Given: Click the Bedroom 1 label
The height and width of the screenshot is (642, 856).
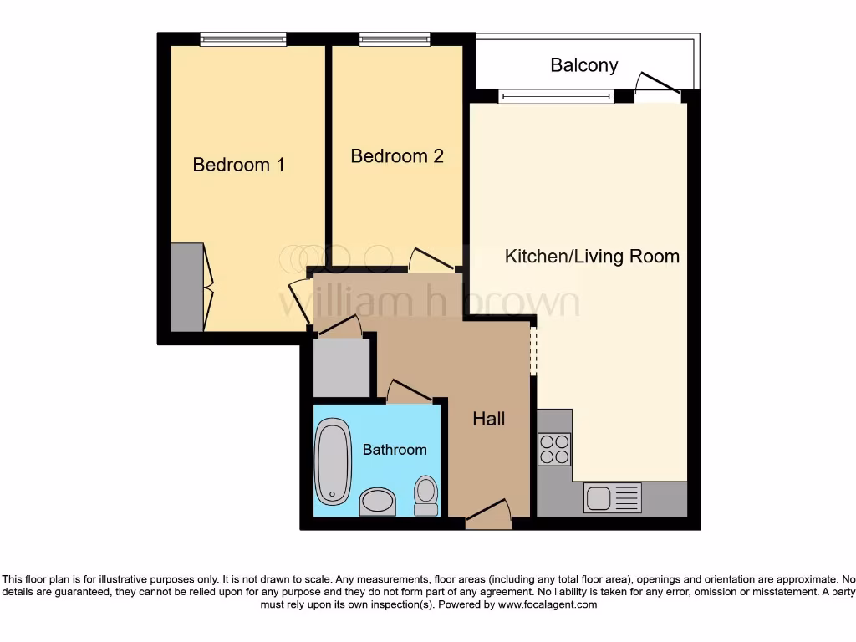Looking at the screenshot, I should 238,165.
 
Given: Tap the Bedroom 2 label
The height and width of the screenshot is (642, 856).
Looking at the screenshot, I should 396,156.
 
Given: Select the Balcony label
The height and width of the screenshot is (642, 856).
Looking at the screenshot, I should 583,65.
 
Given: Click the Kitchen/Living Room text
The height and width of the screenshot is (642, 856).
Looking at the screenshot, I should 592,257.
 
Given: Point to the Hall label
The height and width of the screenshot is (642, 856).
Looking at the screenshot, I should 488,419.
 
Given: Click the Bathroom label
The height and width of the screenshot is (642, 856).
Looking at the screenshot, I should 395,450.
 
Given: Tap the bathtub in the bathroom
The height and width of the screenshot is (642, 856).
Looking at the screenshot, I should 332,461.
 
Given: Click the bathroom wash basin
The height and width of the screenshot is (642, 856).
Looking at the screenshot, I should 377,502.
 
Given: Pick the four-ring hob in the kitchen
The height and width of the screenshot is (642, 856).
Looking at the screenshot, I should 554,449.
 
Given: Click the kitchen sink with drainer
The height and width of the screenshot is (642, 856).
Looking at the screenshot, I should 613,497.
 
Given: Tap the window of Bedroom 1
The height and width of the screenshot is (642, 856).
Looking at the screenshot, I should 243,39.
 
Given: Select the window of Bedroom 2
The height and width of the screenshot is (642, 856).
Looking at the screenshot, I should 395,39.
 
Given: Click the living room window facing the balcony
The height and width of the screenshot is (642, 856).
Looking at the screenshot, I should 556,97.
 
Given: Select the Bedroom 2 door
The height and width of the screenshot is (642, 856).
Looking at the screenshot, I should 431,259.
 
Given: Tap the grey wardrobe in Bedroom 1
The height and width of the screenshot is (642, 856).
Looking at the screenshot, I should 186,287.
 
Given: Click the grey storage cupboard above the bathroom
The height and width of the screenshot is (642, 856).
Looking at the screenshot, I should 342,367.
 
